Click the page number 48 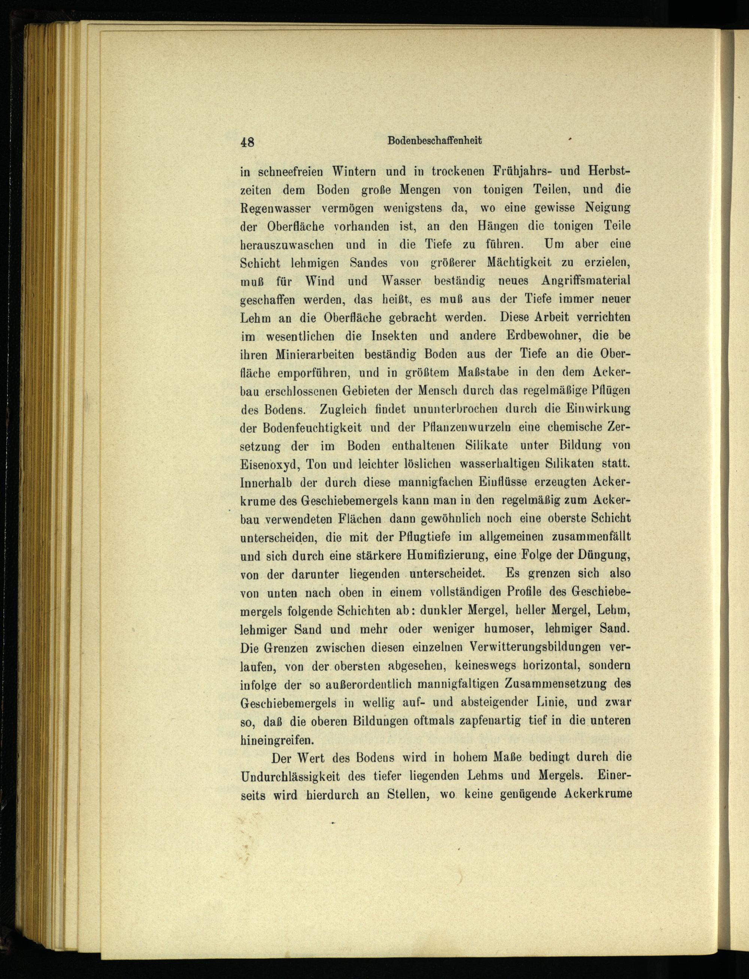pos(247,142)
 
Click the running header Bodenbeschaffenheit pos(434,140)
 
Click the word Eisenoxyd pos(269,464)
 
